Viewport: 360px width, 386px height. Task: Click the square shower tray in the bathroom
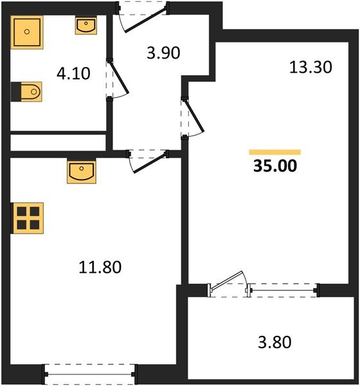pos(28,30)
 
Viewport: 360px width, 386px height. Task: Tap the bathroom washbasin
pos(86,26)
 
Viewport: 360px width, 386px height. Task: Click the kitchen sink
pos(81,172)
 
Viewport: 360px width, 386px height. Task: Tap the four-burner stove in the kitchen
pos(28,217)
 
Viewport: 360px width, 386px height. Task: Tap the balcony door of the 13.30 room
pos(229,284)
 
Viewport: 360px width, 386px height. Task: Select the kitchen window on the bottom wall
pos(90,372)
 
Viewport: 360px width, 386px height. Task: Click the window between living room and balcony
pos(283,290)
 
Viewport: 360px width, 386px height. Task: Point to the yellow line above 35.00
pos(274,152)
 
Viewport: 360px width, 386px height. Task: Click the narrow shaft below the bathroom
pos(58,142)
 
